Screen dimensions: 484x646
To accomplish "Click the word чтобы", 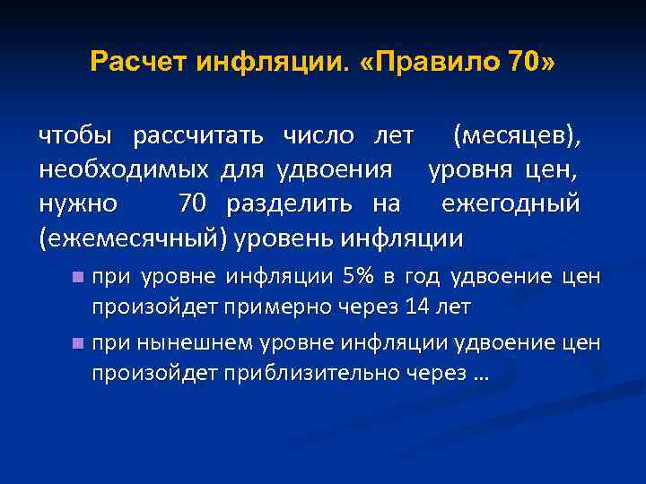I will [x=75, y=137].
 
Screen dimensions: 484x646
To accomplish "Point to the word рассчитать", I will [x=198, y=137].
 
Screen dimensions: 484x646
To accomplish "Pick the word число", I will [x=317, y=137].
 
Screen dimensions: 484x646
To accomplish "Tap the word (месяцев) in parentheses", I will [x=518, y=137].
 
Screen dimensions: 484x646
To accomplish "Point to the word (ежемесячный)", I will [x=133, y=238].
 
